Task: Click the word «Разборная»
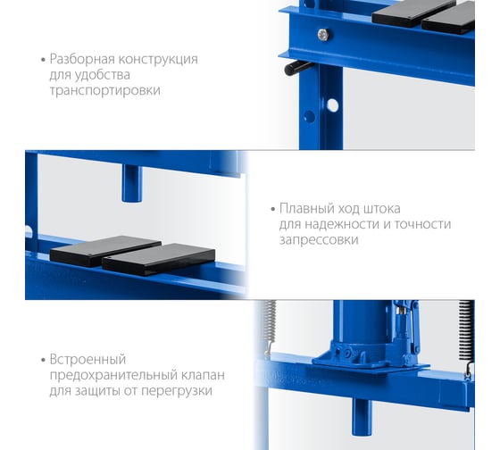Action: (x=82, y=59)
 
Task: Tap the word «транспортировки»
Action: (x=105, y=90)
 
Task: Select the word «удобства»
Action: (x=103, y=75)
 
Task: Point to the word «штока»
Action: (x=382, y=209)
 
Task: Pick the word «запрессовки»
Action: (x=319, y=240)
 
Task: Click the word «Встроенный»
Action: (x=87, y=360)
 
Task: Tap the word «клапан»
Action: (x=203, y=375)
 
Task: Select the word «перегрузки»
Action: (x=177, y=391)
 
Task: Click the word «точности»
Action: (x=422, y=224)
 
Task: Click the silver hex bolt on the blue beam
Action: (x=323, y=34)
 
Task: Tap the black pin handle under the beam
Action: (x=297, y=68)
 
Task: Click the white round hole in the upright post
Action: (x=332, y=105)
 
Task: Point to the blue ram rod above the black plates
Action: (x=132, y=183)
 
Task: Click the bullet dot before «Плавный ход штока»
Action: (x=272, y=209)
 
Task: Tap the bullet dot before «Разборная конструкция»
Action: (x=43, y=60)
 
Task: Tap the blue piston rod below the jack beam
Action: (x=362, y=417)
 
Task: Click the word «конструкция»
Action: (x=158, y=60)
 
